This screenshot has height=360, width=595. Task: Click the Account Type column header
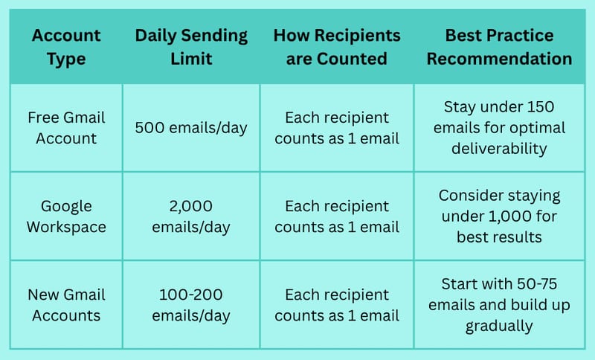[x=66, y=47]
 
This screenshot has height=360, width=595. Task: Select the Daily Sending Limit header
[x=191, y=47]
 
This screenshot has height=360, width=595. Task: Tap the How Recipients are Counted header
[x=337, y=47]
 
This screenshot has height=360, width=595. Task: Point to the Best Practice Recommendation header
[x=499, y=47]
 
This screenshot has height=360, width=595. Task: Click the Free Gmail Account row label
[x=66, y=128]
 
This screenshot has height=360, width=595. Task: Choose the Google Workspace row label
[x=66, y=216]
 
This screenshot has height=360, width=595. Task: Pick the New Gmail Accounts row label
[x=66, y=305]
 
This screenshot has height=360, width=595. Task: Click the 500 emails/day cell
[x=191, y=128]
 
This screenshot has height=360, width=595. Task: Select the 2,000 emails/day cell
[x=191, y=216]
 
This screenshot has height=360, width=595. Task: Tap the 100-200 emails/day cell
[x=191, y=305]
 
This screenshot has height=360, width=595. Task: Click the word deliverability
[x=499, y=148]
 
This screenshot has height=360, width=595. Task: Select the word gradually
[x=499, y=326]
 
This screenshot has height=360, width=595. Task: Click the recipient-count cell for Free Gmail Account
[x=337, y=128]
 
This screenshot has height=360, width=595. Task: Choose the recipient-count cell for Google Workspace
[x=337, y=216]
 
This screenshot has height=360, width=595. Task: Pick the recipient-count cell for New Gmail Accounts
[x=337, y=305]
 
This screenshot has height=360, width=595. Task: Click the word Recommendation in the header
[x=499, y=59]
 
